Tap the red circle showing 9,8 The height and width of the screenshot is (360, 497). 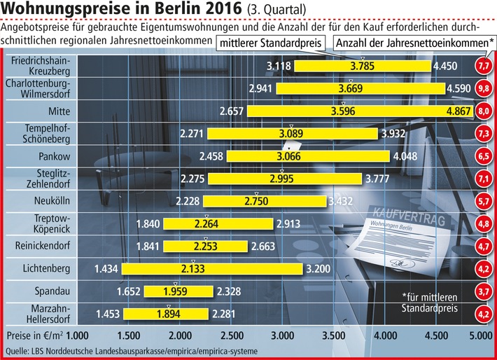coord(484,89)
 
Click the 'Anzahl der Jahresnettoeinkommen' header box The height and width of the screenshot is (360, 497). coord(412,43)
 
